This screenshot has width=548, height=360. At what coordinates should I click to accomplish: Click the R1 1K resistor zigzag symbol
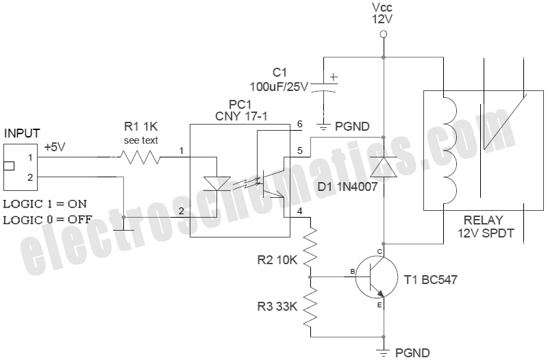coord(140,157)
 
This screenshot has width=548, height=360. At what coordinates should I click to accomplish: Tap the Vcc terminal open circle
coord(384,33)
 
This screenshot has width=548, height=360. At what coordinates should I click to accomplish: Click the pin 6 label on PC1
coord(299,125)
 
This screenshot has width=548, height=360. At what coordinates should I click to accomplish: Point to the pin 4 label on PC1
coord(299,211)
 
